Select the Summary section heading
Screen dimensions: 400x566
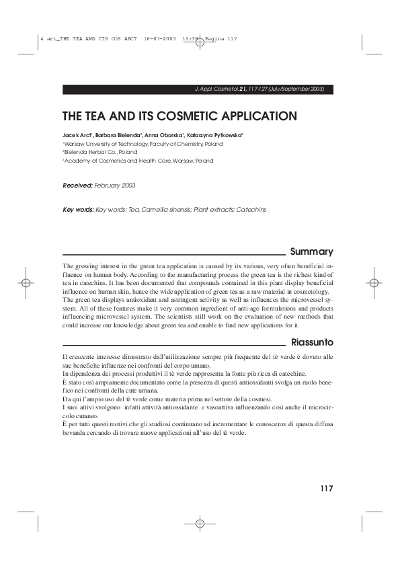click(x=311, y=252)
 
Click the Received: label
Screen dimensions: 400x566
click(x=77, y=184)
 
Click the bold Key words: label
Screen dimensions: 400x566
click(x=78, y=210)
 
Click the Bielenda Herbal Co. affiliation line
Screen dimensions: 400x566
click(x=101, y=153)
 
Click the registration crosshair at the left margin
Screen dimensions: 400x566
click(x=25, y=282)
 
